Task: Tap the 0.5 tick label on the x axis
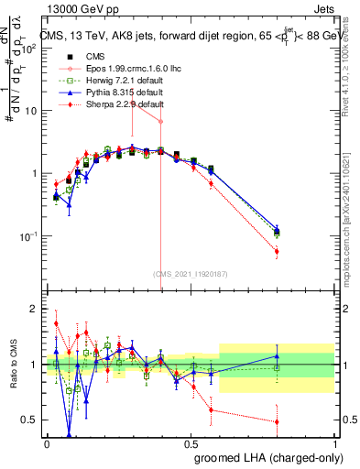coord(191,442)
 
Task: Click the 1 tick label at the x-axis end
coord(335,442)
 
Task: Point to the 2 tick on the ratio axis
coord(33,309)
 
